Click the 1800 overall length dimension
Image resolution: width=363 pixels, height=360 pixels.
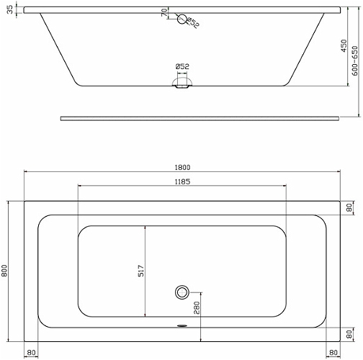182,167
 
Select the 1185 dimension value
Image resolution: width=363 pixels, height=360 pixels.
182,181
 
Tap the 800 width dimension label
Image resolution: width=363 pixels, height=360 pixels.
4,271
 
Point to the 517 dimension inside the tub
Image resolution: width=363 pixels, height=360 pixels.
141,271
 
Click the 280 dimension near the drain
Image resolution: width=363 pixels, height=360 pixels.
197,308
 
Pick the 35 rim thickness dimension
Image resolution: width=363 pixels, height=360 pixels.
10,10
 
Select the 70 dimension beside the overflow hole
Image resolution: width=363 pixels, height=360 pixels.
164,12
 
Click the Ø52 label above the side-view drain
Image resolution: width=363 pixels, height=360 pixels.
182,66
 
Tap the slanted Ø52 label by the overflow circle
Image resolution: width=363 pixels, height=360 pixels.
193,23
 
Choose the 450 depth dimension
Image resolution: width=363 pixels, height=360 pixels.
344,46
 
